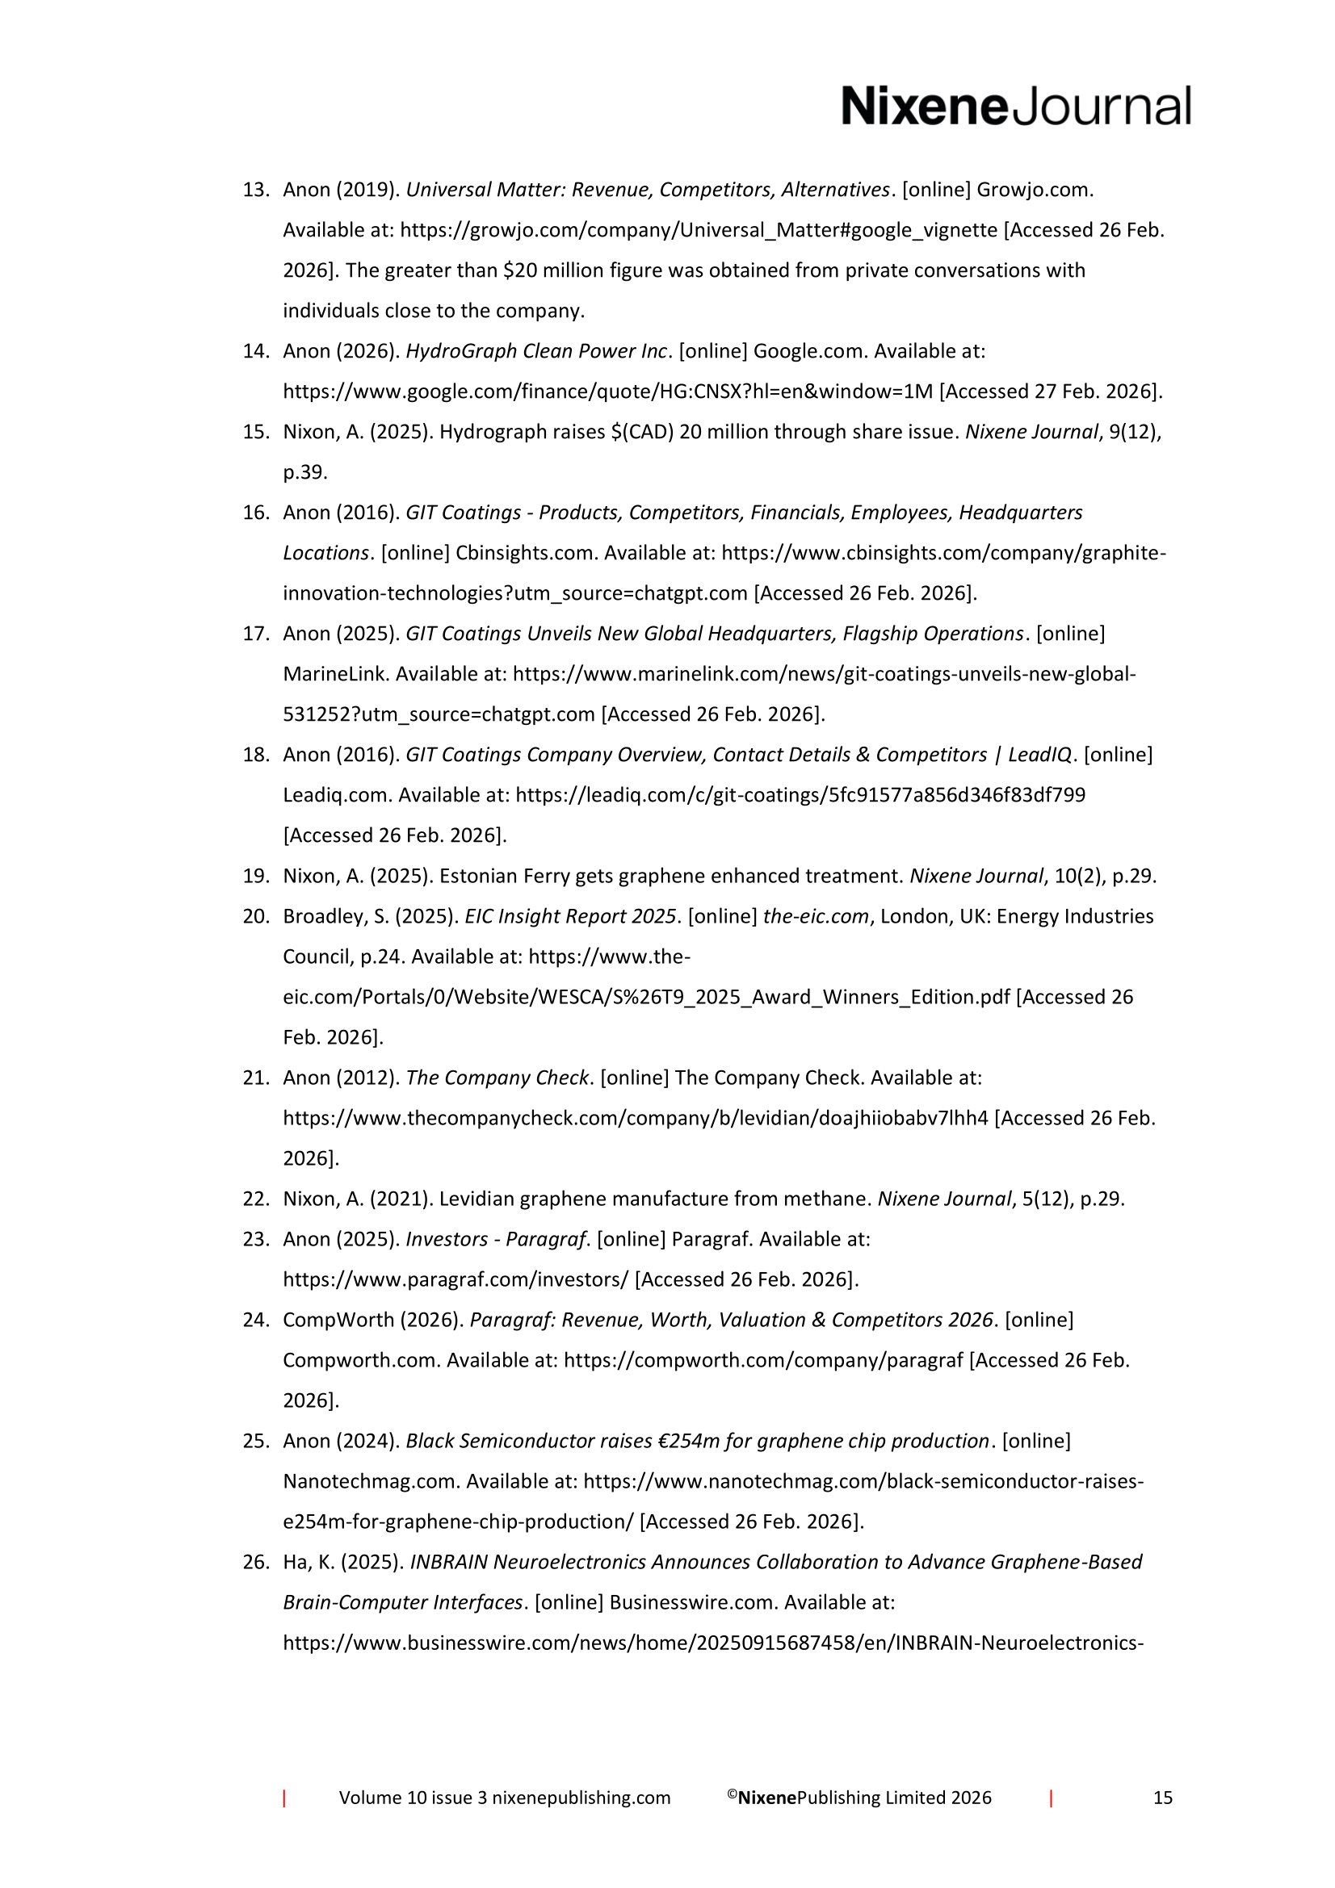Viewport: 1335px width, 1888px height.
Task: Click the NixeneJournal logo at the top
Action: tap(1015, 107)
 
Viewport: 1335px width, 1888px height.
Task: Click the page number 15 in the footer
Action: tap(1162, 1798)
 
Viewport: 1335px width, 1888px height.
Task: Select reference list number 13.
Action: tap(256, 190)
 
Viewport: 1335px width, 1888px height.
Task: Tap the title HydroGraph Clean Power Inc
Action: tap(536, 351)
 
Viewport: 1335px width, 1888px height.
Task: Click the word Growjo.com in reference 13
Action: tap(1034, 190)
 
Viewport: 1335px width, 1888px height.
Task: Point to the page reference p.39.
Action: tap(305, 472)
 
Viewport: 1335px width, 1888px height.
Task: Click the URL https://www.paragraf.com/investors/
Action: tap(455, 1279)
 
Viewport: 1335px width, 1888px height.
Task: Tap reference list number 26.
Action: tap(256, 1562)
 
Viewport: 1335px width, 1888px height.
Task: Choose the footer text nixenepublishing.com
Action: tap(581, 1798)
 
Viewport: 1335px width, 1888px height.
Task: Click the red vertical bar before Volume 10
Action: tap(284, 1798)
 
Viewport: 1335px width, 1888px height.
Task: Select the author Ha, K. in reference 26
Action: tap(309, 1562)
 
